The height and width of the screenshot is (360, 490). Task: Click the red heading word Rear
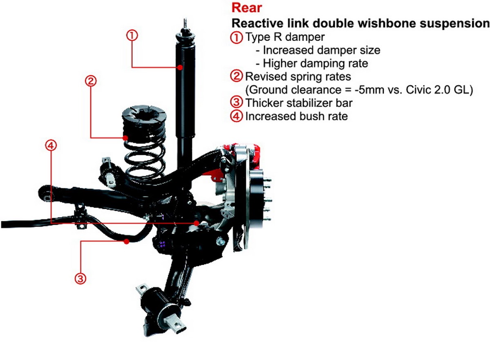(x=247, y=7)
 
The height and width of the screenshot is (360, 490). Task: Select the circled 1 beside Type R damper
(x=236, y=38)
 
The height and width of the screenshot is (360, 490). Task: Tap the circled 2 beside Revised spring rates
(x=236, y=76)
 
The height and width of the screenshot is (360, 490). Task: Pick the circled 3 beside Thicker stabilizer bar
(x=236, y=103)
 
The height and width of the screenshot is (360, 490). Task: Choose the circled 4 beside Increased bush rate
(x=236, y=116)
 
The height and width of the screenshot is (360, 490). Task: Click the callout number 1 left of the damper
(x=132, y=36)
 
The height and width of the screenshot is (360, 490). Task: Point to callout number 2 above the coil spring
(x=91, y=80)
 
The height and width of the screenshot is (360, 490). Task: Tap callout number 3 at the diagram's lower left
(x=80, y=279)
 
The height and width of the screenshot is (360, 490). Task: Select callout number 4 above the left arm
(x=51, y=145)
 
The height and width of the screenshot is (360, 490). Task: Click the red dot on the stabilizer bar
(x=127, y=242)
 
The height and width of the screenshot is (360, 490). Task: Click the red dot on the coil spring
(x=126, y=138)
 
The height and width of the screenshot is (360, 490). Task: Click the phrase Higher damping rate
(x=315, y=63)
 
